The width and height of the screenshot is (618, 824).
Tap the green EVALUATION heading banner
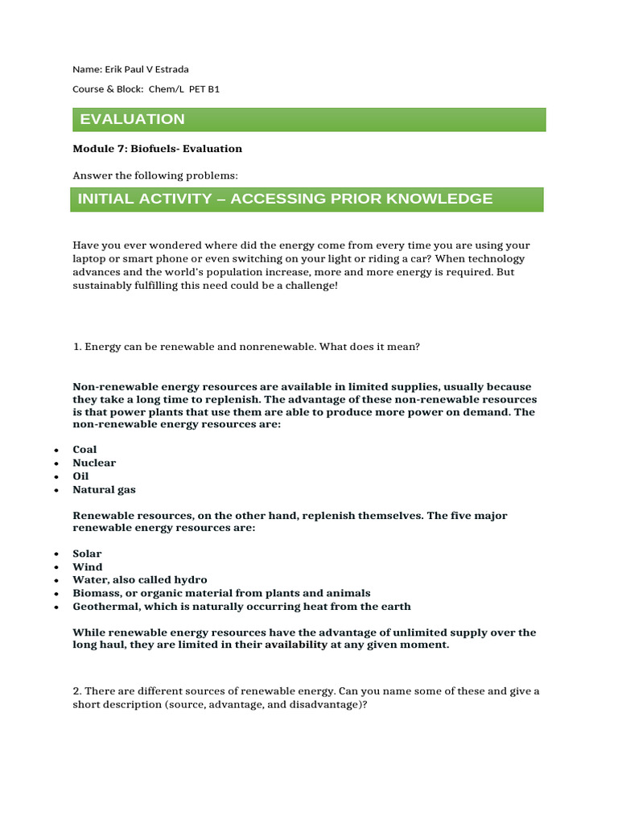[x=309, y=119]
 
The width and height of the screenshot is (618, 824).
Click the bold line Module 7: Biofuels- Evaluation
[x=157, y=149]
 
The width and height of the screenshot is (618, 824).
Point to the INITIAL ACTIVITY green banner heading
[x=307, y=199]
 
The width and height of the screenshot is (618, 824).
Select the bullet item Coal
[x=84, y=450]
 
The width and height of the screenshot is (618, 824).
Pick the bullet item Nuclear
[x=94, y=463]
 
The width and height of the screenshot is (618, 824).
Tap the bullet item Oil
[x=80, y=476]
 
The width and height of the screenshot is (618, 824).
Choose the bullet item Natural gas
[x=104, y=489]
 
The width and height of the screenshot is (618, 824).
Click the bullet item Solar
[x=87, y=554]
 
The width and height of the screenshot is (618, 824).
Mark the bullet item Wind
[x=88, y=567]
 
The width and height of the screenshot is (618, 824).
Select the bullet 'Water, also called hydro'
[x=139, y=580]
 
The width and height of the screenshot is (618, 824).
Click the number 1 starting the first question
[x=76, y=347]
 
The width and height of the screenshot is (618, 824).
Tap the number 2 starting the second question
[x=76, y=691]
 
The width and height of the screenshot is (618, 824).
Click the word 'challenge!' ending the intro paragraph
[x=311, y=285]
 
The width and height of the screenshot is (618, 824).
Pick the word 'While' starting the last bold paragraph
[x=89, y=632]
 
